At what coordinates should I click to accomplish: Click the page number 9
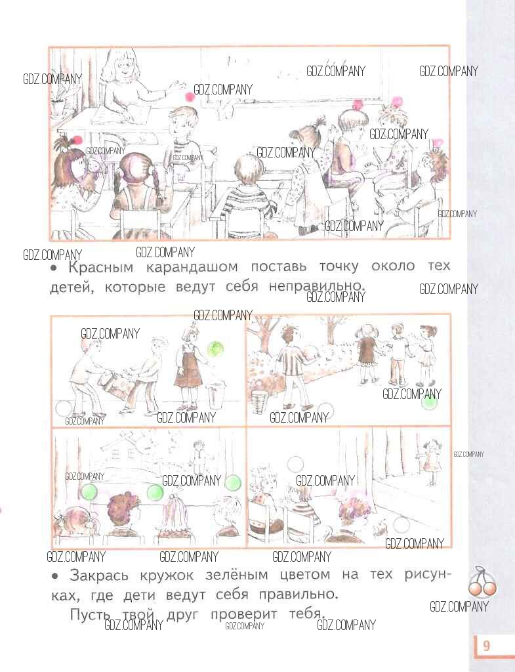(486, 646)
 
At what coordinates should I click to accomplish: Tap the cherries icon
(482, 583)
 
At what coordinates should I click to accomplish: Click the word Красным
(100, 268)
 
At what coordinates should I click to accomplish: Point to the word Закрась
(98, 575)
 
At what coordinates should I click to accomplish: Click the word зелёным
(236, 574)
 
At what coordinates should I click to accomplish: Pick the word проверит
(243, 614)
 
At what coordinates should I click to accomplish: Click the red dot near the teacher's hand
(189, 96)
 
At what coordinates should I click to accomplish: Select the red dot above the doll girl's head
(77, 139)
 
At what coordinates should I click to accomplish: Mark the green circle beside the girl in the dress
(215, 348)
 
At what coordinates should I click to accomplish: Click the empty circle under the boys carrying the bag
(64, 408)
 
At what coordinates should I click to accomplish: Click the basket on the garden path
(259, 402)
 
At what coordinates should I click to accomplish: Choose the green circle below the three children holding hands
(429, 402)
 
